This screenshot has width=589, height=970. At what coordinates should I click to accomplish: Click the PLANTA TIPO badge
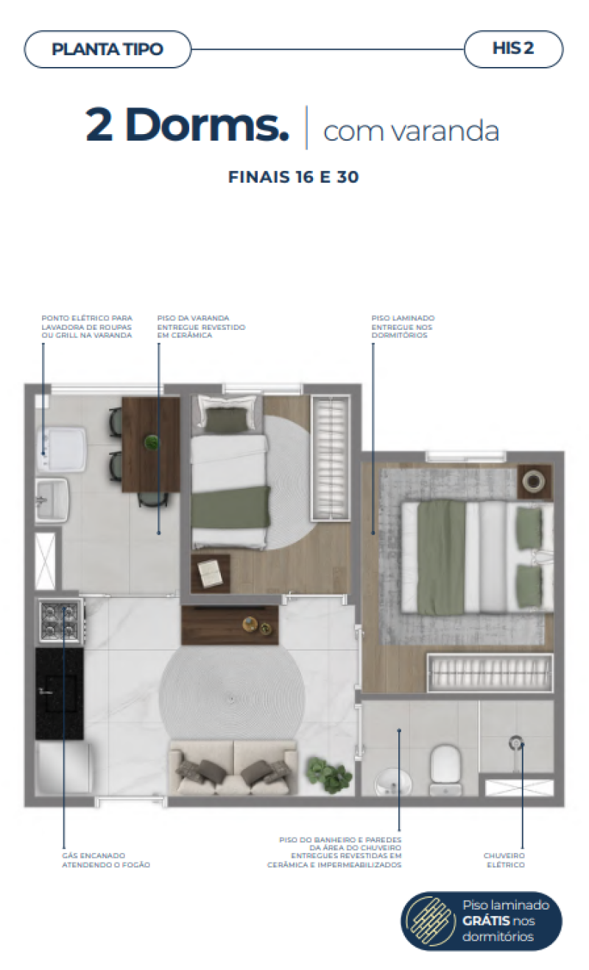[107, 50]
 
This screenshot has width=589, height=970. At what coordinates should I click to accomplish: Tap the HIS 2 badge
[513, 49]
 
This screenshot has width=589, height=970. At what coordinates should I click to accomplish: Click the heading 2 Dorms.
[187, 126]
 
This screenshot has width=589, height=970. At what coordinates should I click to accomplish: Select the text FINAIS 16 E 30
[294, 178]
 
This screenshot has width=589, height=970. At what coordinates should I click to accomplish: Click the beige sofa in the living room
[233, 767]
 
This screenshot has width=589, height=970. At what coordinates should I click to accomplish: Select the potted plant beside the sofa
[328, 773]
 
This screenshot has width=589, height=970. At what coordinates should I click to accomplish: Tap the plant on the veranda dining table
[152, 443]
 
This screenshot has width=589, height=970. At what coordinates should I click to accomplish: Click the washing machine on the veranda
[63, 450]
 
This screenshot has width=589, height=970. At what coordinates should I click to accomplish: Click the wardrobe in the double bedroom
[490, 672]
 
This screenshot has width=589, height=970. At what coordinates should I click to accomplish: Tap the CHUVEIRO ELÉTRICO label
[504, 860]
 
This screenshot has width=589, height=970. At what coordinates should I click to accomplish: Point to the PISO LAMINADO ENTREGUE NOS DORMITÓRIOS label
[403, 327]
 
